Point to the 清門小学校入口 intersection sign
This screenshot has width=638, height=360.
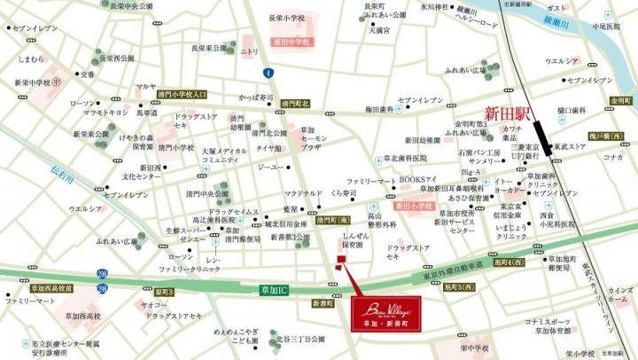183,93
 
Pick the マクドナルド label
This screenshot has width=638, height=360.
303,192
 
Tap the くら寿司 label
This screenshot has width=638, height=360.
344,192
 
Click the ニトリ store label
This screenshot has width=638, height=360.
249,51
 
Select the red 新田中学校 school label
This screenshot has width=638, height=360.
292,42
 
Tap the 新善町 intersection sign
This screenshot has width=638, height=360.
323,303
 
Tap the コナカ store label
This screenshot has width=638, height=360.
612,157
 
